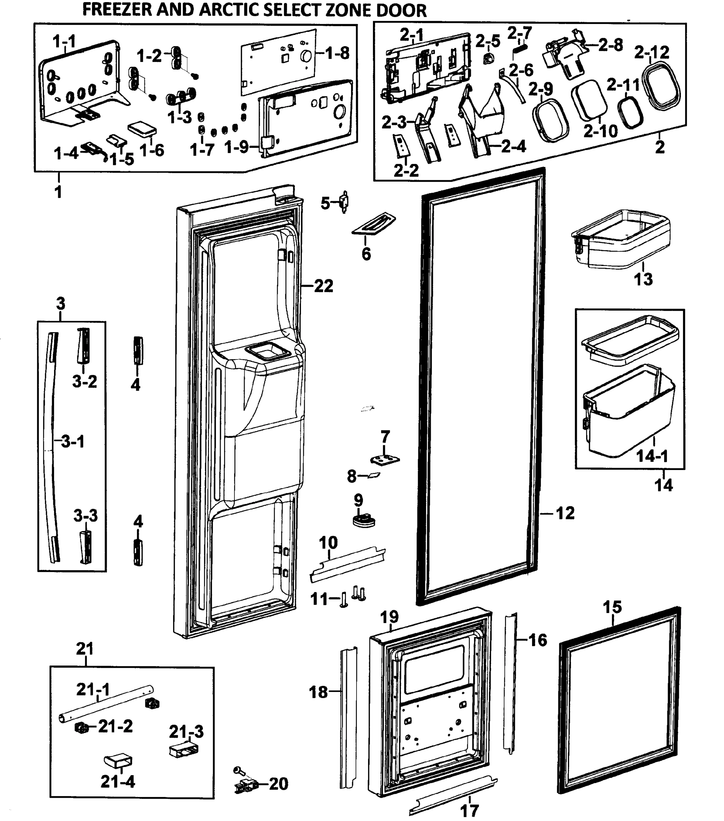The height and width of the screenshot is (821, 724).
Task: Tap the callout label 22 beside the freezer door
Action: [x=323, y=286]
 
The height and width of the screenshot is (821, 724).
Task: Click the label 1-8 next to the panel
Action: [x=337, y=53]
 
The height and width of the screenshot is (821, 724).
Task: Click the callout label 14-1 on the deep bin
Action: [x=652, y=456]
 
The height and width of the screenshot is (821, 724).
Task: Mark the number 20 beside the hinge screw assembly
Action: [x=279, y=784]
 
